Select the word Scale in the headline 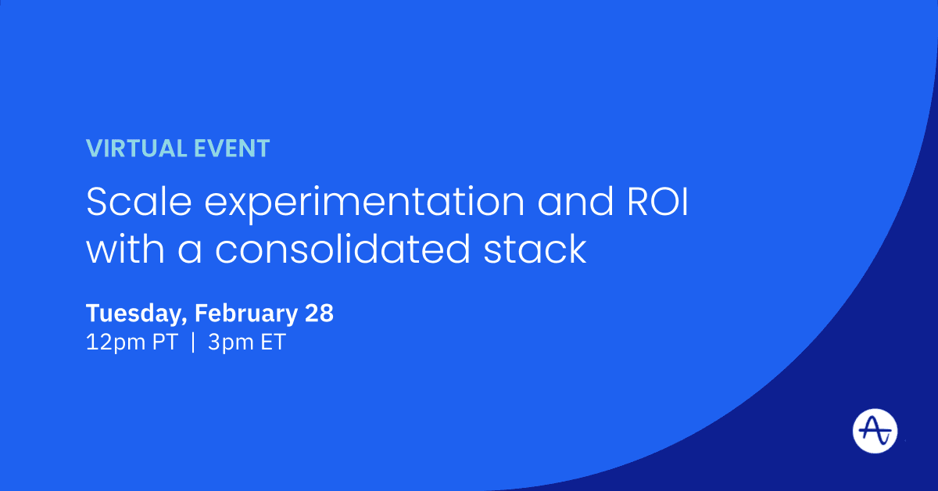(x=138, y=202)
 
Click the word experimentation (x=364, y=204)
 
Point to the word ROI (x=657, y=202)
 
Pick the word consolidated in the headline (x=342, y=249)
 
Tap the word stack (x=535, y=249)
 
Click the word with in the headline (x=125, y=249)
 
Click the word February (x=246, y=314)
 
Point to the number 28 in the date (x=319, y=313)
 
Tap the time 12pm (x=116, y=342)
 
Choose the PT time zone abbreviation (x=165, y=342)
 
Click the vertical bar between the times (x=193, y=342)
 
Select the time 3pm (x=231, y=342)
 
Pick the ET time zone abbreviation (x=273, y=342)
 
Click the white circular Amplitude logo (x=875, y=431)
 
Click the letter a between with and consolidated (x=190, y=252)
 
